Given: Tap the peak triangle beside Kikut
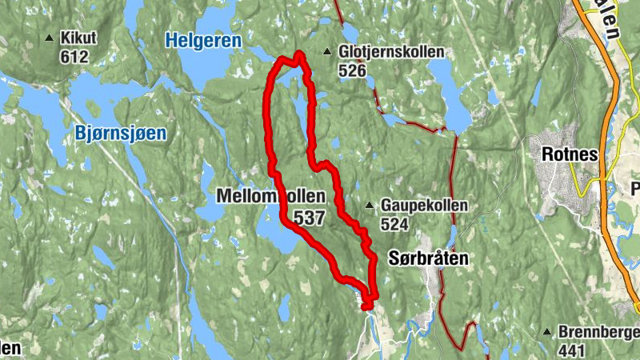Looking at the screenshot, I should (50, 38).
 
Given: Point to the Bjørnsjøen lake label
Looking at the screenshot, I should (121, 133).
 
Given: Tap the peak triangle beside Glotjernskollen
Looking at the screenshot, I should (327, 53).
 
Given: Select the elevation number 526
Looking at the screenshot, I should (352, 71).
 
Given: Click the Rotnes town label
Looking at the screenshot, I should (570, 155).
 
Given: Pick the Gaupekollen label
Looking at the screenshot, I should (413, 206).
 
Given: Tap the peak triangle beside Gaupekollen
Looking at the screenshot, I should (369, 206).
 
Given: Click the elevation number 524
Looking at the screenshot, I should (395, 225).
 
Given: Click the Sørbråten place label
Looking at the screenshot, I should (427, 258).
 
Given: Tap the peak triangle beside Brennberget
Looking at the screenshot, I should (548, 332).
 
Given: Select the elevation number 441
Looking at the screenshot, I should (574, 350).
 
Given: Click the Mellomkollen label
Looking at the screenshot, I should (271, 196).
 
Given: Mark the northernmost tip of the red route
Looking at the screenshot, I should (299, 54).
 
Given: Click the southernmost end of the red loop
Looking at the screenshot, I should (366, 306).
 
